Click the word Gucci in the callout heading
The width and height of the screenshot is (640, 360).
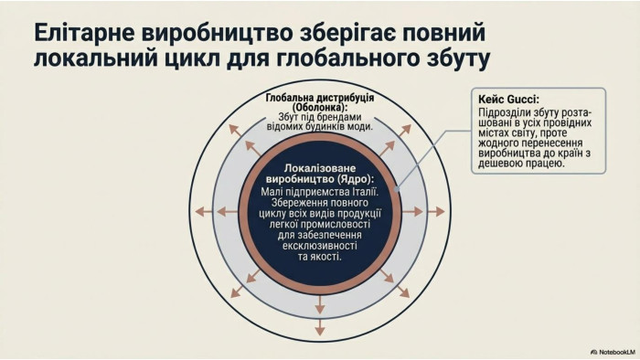tap(523, 99)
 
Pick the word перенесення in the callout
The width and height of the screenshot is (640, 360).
tap(549, 143)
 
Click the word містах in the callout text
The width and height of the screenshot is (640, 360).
tap(494, 132)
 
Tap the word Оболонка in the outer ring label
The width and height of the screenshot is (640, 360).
tap(318, 107)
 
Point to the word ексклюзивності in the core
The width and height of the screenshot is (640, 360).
tap(320, 246)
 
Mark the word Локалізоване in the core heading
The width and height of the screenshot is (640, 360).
tap(320, 168)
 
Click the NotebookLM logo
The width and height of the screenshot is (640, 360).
tap(613, 352)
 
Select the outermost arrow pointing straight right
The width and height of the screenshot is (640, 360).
tap(435, 211)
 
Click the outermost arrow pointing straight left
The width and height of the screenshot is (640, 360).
tap(204, 211)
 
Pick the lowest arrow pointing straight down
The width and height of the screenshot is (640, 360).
tap(320, 327)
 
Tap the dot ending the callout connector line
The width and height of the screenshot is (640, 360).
tap(397, 189)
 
